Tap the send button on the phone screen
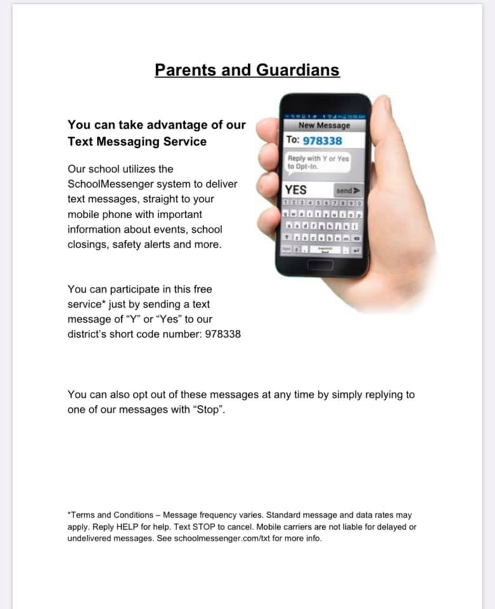348,190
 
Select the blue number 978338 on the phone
322,140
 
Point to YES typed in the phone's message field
296,190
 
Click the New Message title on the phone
324,125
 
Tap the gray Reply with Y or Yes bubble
318,162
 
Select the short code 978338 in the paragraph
222,334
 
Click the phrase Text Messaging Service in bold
137,141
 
